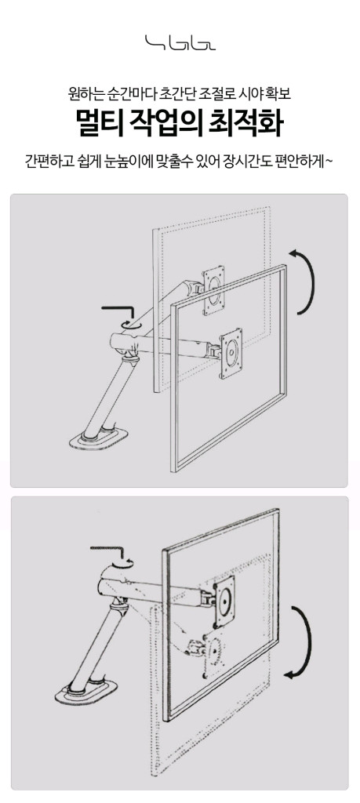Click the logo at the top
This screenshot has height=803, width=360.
point(180,43)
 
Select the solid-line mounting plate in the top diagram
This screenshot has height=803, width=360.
point(231,354)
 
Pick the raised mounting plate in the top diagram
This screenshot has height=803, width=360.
point(214,291)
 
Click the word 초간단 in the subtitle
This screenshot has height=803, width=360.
point(176,94)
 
